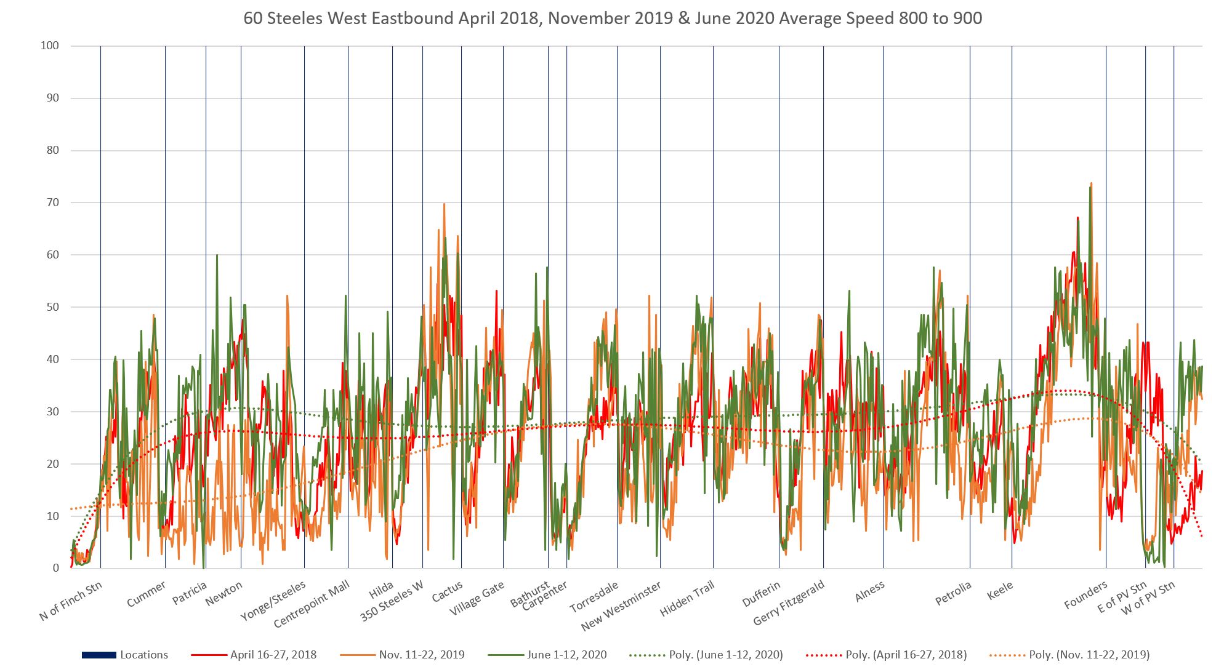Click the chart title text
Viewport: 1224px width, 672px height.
(612, 18)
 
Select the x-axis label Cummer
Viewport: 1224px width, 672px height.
(146, 594)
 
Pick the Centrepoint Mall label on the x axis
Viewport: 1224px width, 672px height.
(312, 604)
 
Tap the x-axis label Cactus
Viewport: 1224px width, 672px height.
(447, 591)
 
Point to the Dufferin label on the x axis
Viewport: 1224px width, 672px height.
(761, 593)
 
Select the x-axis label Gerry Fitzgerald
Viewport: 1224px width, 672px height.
(788, 603)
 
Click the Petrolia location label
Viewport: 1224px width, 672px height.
(953, 593)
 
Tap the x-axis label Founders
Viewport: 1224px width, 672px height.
(1085, 595)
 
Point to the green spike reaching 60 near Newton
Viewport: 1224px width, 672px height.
(217, 255)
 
